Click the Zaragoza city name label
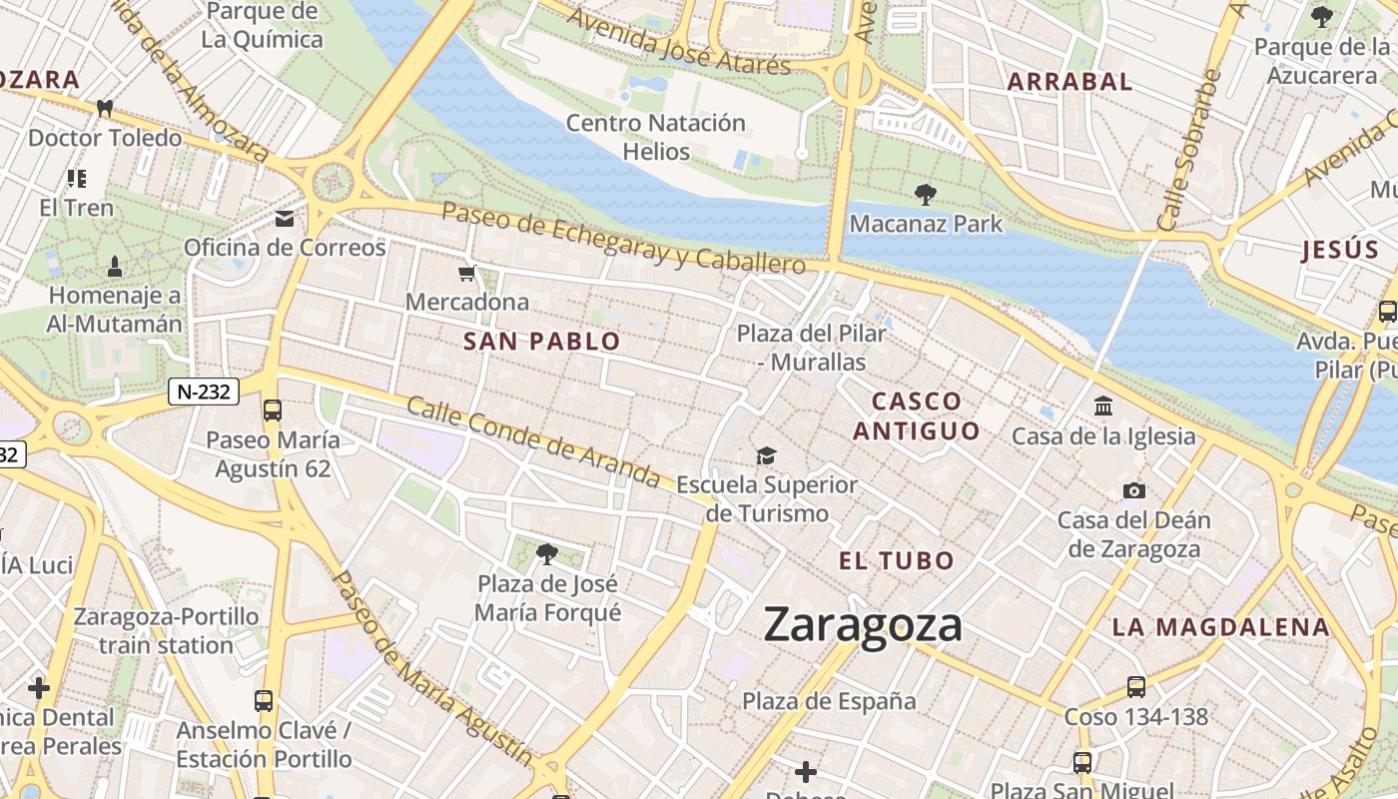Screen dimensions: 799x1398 pyautogui.click(x=863, y=625)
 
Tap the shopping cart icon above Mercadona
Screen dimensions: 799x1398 pyautogui.click(x=466, y=273)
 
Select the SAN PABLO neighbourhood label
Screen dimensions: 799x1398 pyautogui.click(x=542, y=342)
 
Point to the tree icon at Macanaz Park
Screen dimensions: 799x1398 pyautogui.click(x=926, y=194)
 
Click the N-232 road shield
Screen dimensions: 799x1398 pyautogui.click(x=203, y=392)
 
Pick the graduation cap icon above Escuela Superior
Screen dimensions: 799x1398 pyautogui.click(x=766, y=455)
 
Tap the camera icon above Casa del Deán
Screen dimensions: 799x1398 pyautogui.click(x=1133, y=490)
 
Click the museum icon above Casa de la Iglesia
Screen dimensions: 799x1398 pyautogui.click(x=1103, y=405)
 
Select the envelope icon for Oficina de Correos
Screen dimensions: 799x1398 pyautogui.click(x=286, y=219)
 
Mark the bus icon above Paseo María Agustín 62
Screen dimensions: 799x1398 pyautogui.click(x=272, y=409)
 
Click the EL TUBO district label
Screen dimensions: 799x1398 pyautogui.click(x=897, y=561)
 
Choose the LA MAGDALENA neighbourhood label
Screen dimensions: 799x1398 pyautogui.click(x=1221, y=627)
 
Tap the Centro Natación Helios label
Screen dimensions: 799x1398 pyautogui.click(x=656, y=137)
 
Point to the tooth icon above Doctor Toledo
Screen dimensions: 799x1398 pyautogui.click(x=104, y=108)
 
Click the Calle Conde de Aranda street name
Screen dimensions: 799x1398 pyautogui.click(x=533, y=444)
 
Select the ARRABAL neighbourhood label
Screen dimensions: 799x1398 pyautogui.click(x=1069, y=82)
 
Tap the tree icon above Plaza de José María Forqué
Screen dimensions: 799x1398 pyautogui.click(x=546, y=553)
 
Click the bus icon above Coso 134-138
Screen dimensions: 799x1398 pyautogui.click(x=1135, y=687)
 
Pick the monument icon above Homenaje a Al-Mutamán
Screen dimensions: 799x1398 pyautogui.click(x=114, y=267)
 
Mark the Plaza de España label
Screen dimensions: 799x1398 pyautogui.click(x=829, y=701)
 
